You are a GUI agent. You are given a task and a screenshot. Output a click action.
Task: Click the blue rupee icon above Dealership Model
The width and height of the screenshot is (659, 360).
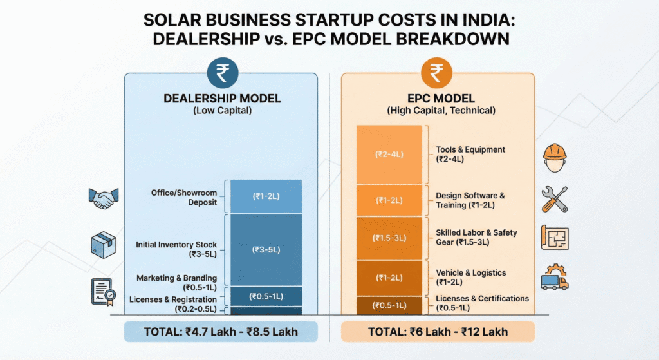pos(221,74)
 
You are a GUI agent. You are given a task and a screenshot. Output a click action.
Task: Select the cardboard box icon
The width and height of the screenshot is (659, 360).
pos(103,245)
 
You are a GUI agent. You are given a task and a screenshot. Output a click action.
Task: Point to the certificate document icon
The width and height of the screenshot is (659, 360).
pos(103,292)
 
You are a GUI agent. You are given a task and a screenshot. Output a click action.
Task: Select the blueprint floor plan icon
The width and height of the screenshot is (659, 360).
pos(555,238)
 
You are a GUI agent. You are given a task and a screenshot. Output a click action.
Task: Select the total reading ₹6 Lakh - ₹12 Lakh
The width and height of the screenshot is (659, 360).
pos(438,332)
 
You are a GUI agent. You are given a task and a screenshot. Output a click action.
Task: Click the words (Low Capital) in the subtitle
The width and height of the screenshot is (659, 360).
pos(221,110)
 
